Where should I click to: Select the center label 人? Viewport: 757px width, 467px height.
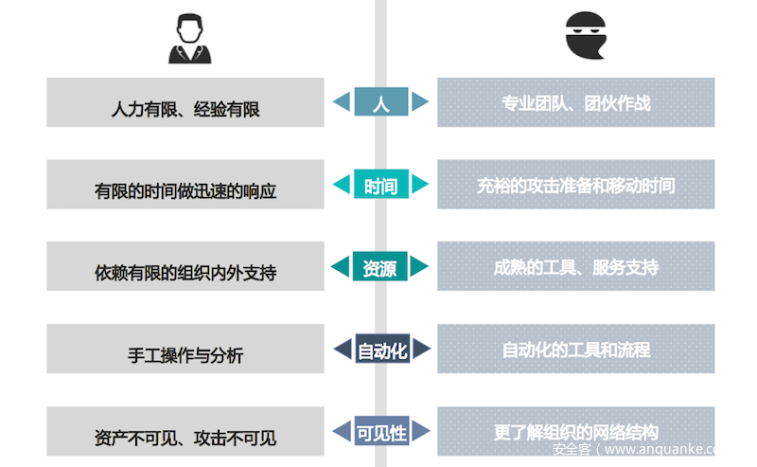pyautogui.click(x=380, y=102)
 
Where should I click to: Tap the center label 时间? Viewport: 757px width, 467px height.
pyautogui.click(x=380, y=185)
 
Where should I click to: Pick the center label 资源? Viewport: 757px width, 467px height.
pyautogui.click(x=380, y=267)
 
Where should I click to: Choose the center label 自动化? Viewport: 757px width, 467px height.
pyautogui.click(x=381, y=350)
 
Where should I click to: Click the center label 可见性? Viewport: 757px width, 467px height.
pyautogui.click(x=381, y=433)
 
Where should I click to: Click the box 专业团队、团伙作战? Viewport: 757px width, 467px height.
pyautogui.click(x=575, y=102)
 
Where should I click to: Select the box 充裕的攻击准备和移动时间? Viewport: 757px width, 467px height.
pyautogui.click(x=575, y=185)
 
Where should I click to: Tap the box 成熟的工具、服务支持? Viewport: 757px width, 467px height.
pyautogui.click(x=575, y=267)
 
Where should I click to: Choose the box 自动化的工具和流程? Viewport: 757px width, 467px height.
pyautogui.click(x=575, y=350)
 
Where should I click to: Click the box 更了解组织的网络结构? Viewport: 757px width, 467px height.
pyautogui.click(x=575, y=431)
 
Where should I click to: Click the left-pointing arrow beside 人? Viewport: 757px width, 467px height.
pyautogui.click(x=342, y=102)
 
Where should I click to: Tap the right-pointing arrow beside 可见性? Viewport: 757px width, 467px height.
pyautogui.click(x=420, y=433)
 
